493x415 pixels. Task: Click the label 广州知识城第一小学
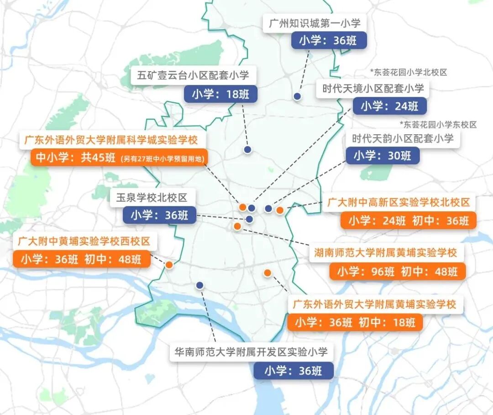click(315, 23)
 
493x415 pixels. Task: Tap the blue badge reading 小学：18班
click(221, 95)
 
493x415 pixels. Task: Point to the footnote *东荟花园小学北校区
click(408, 72)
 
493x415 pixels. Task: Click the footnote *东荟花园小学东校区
click(438, 125)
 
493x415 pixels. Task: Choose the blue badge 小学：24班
click(389, 106)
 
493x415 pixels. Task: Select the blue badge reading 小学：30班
click(383, 156)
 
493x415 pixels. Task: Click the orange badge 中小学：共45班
click(119, 158)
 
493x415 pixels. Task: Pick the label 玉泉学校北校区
click(152, 198)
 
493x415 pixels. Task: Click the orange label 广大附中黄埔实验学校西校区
click(84, 241)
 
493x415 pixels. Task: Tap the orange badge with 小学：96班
click(397, 272)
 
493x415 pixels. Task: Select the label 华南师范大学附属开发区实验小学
click(252, 352)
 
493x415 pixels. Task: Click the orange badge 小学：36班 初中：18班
click(355, 322)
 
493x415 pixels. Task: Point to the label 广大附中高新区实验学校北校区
click(399, 203)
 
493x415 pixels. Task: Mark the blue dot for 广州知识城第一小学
click(297, 96)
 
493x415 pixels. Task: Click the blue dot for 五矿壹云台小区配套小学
click(247, 149)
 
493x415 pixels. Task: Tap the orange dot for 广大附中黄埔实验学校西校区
click(169, 265)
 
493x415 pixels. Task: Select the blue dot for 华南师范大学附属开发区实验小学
click(199, 285)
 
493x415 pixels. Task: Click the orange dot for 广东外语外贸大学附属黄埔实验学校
click(267, 273)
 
